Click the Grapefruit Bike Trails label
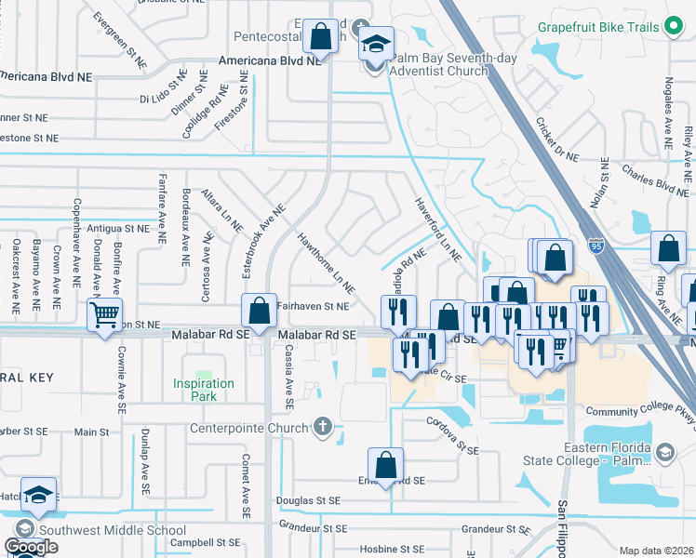pos(598,26)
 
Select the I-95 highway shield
pos(596,246)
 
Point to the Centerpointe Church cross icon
pos(322,428)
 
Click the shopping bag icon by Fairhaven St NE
pos(260,309)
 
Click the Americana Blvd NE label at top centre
pos(270,60)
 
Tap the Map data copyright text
pos(657,551)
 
